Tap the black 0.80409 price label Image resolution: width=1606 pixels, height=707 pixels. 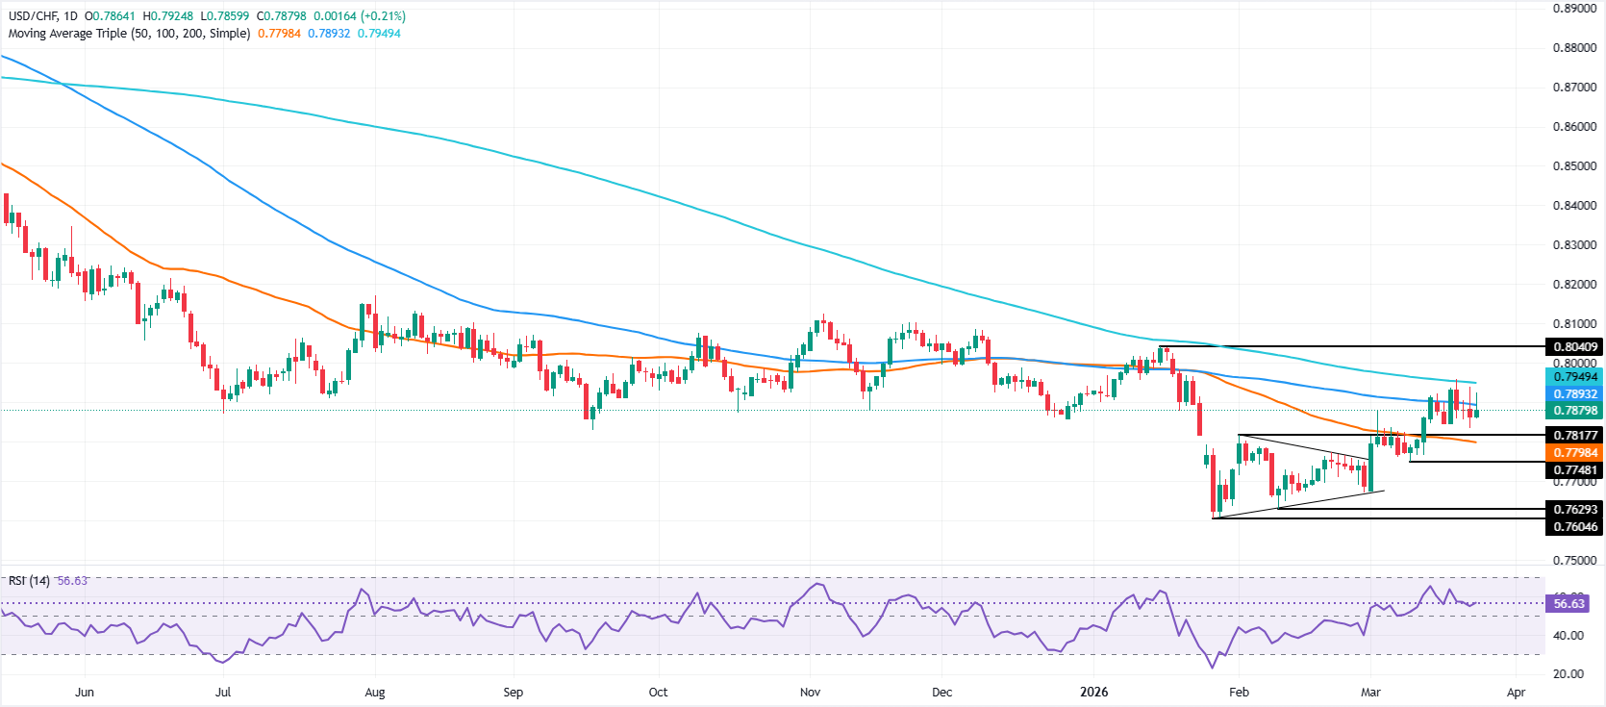(x=1574, y=347)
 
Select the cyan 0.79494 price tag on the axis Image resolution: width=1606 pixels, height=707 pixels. (x=1574, y=377)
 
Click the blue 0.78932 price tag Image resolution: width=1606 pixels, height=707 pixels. (x=1574, y=394)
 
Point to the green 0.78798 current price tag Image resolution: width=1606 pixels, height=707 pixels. (x=1574, y=411)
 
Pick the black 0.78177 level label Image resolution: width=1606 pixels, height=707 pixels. (x=1574, y=436)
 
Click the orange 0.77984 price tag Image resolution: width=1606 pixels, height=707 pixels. (x=1574, y=453)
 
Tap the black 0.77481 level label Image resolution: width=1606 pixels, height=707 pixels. (x=1574, y=470)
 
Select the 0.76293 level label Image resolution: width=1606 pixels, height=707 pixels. (x=1574, y=509)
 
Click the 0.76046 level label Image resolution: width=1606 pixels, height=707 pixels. (x=1574, y=526)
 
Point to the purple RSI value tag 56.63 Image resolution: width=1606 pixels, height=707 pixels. (x=1568, y=604)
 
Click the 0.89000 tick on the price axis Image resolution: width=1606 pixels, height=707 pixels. (x=1574, y=8)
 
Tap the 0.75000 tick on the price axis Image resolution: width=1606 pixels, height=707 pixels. (x=1574, y=560)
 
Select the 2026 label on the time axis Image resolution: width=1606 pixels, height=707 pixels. (x=1093, y=692)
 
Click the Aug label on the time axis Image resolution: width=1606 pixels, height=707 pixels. (x=375, y=692)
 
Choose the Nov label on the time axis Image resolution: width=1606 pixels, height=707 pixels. (x=811, y=692)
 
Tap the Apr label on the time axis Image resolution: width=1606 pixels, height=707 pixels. (x=1517, y=692)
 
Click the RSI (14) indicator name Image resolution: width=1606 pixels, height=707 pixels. (x=29, y=581)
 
